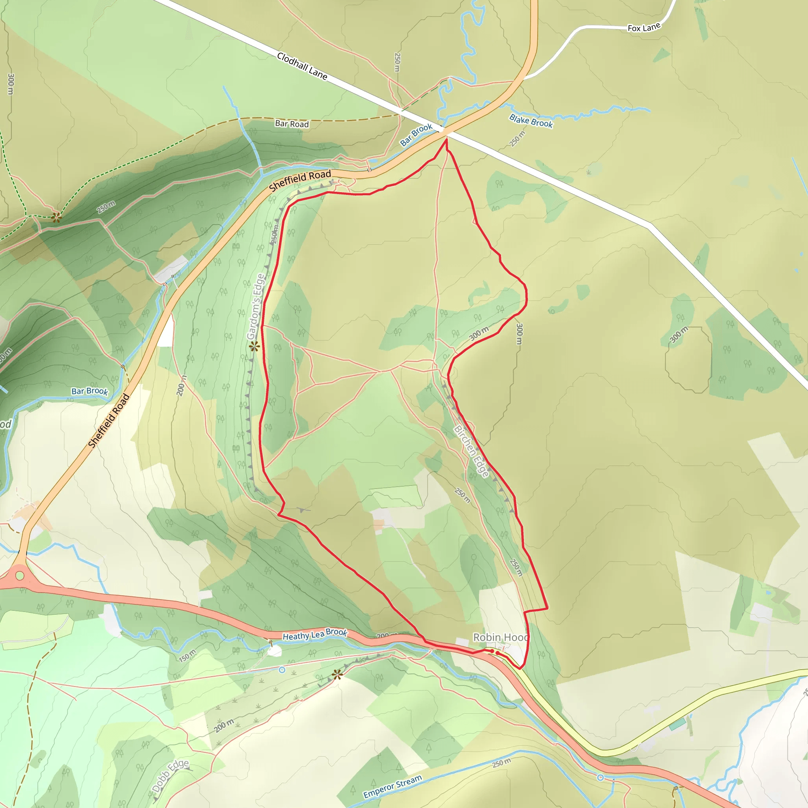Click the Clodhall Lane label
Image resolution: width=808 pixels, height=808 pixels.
[x=302, y=66]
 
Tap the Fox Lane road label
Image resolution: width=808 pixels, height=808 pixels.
[x=643, y=28]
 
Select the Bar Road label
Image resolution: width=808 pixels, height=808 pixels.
[x=292, y=124]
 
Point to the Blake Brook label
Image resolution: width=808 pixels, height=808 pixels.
[x=531, y=121]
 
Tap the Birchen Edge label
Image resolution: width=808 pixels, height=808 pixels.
[x=471, y=451]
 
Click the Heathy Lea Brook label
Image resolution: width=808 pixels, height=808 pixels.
[x=315, y=634]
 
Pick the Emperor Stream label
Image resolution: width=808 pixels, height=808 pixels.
[x=392, y=787]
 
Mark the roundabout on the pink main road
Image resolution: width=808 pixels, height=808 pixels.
[x=19, y=576]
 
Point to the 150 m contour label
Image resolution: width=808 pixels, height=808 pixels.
[x=187, y=655]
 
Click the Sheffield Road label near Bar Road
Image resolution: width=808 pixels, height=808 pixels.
[x=300, y=180]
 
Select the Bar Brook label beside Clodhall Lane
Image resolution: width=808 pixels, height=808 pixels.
[x=416, y=135]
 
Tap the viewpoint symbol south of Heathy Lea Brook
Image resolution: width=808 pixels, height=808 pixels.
[x=337, y=674]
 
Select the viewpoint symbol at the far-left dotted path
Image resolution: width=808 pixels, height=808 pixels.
[x=56, y=217]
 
